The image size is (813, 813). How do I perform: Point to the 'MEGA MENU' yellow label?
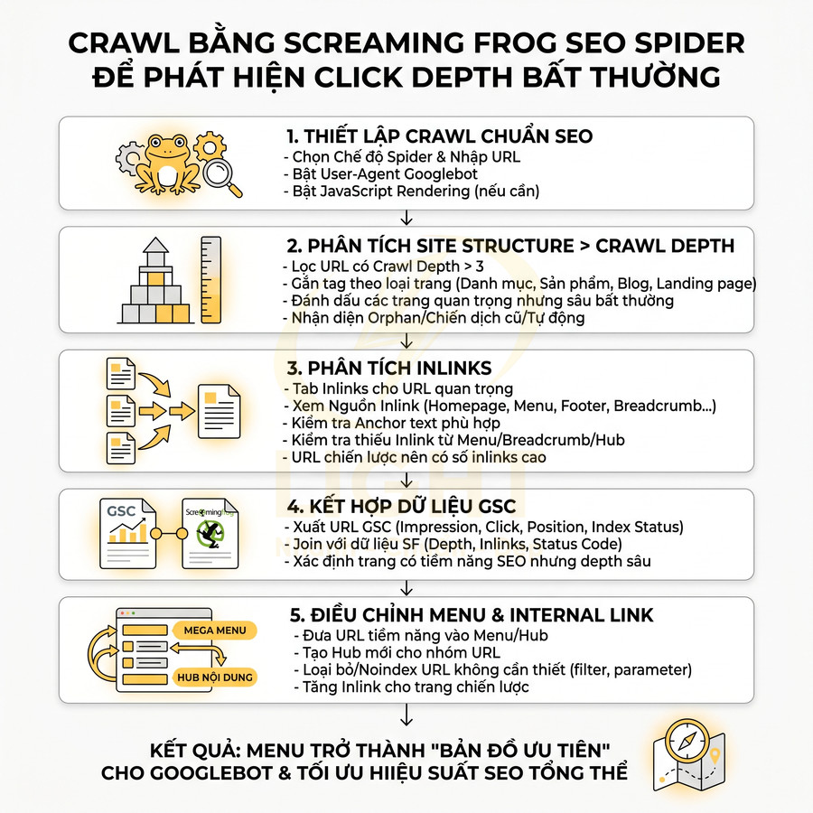(216, 630)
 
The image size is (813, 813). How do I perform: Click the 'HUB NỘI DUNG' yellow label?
(216, 677)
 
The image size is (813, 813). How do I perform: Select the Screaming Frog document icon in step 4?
(209, 533)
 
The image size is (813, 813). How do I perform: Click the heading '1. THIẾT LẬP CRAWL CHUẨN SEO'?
(439, 136)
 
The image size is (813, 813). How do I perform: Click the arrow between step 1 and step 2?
(406, 218)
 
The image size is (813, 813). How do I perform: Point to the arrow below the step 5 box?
(406, 715)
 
